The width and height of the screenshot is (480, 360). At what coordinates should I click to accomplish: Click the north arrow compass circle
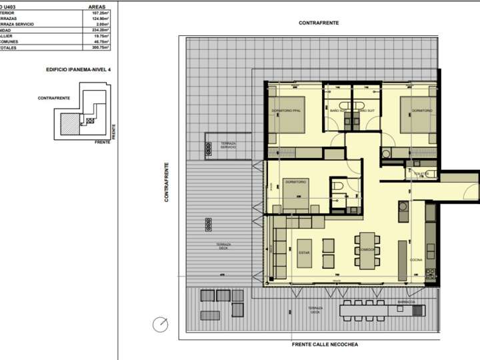[160, 325]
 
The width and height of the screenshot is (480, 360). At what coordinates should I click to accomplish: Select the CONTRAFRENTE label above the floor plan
[318, 23]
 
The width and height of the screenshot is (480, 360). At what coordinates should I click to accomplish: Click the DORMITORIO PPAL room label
[286, 110]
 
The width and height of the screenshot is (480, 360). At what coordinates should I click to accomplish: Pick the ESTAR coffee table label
[303, 253]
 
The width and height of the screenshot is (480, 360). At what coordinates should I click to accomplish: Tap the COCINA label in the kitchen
[415, 259]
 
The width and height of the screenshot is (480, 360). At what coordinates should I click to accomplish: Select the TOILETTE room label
[421, 173]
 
